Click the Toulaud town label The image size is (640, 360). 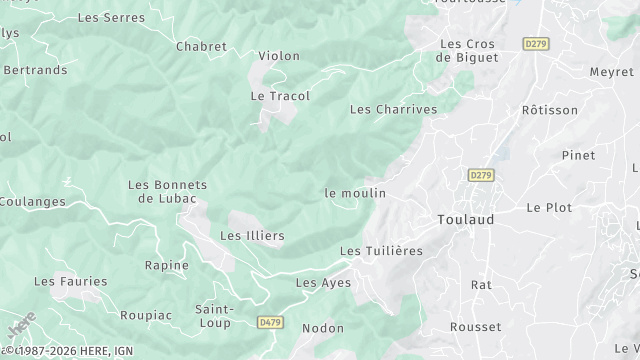pos(466,219)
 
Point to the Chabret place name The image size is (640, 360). pos(201,46)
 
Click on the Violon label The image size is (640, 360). pos(279,56)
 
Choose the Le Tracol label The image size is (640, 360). pos(280,96)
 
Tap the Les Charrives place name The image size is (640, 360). pos(393,109)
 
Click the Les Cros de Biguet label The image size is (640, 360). pos(469,51)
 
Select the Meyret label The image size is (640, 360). pos(611,72)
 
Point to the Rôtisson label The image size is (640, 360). pos(550,110)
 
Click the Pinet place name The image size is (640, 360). pos(578,155)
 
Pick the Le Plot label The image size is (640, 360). pos(549,207)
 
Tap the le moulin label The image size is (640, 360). pos(355,192)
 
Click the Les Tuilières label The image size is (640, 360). pos(381,250)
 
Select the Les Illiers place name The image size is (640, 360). pos(252,236)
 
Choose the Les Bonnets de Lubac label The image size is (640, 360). pos(167,191)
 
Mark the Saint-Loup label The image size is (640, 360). pos(214,315)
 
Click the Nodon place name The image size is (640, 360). pos(322,328)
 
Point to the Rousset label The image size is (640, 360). pos(476,327)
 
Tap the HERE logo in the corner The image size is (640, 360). pos(20,327)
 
